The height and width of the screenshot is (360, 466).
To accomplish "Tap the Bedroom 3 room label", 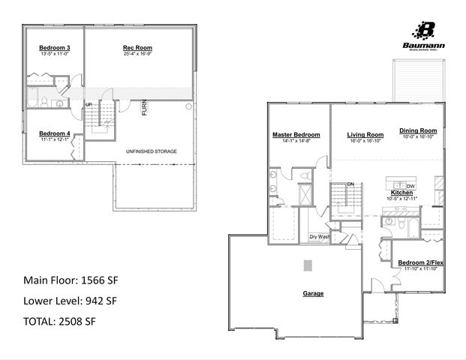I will pos(54,48).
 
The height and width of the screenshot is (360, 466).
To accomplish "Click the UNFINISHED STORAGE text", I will pos(152,151).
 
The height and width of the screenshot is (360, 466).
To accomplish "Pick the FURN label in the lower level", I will pos(143,109).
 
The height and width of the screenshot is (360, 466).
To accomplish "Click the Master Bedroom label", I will pos(296,135).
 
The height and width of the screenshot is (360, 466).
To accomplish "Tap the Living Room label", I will pos(365,135).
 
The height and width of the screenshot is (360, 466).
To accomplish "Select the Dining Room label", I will pos(418,130).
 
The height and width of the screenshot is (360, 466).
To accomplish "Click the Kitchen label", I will pos(401,193).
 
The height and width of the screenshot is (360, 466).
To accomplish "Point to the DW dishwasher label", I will pos(410,185).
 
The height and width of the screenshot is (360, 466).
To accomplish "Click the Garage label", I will pos(313,293).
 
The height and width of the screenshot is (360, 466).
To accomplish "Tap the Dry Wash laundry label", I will pos(320,237).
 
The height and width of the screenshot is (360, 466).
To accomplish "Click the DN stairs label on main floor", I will pos(350,184).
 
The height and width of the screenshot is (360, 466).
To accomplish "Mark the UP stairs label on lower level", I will pos(89,104).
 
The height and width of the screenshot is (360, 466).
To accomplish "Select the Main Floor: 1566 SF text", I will pos(71,280).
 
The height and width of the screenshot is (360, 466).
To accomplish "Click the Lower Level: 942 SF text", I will pos(71,301).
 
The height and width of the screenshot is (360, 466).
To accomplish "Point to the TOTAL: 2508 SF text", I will pos(60,321).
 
